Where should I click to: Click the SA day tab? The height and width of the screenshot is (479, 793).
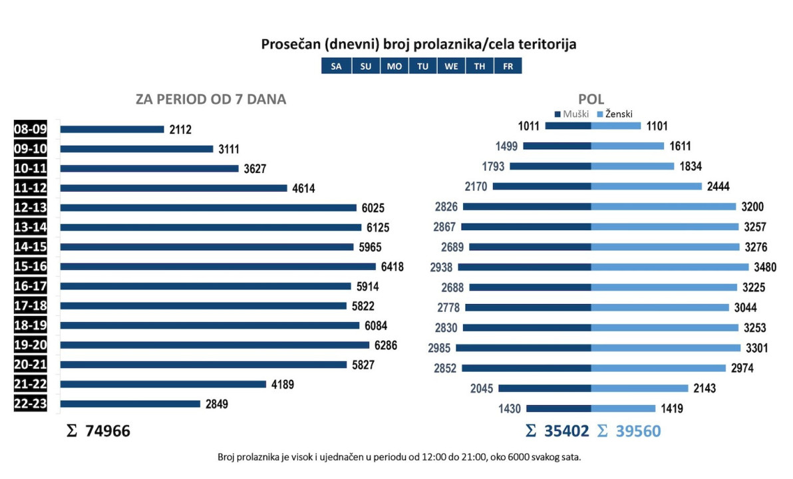coord(336,67)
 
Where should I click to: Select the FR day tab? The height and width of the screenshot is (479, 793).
coord(508,67)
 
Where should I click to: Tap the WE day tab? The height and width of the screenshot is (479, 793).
coord(451,67)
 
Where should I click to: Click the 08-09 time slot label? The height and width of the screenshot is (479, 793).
coord(30,129)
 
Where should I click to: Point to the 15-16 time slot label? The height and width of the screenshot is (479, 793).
coord(30,267)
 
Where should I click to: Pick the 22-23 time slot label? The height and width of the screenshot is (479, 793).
coord(30,404)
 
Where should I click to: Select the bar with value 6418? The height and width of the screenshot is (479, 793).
coord(218,267)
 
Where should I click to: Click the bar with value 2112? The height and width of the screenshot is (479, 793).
coord(112,129)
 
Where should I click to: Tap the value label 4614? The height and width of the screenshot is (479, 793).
coord(303,188)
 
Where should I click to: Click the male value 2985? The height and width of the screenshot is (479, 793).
coord(439,348)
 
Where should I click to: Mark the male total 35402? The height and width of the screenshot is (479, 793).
coord(566,431)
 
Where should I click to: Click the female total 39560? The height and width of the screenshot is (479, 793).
coord(637,431)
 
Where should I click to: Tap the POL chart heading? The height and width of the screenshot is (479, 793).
coord(591,100)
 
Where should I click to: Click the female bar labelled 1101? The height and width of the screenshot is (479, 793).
coord(616,126)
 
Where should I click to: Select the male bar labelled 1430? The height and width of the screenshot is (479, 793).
coord(559,408)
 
